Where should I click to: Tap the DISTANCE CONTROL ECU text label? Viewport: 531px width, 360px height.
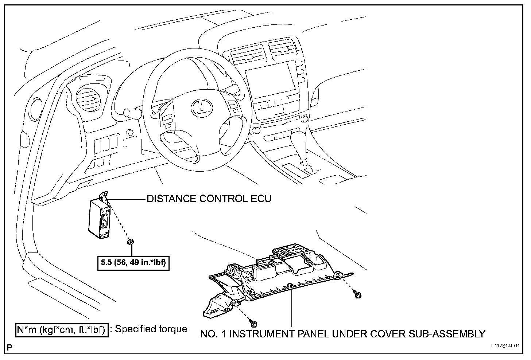coord(209,199)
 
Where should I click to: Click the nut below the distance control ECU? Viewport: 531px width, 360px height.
coord(130,242)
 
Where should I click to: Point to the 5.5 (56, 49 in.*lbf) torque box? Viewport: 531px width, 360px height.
coord(133,263)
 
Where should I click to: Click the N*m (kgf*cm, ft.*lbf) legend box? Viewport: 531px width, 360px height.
coord(62,329)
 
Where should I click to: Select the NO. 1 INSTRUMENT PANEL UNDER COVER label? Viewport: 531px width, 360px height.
coord(343,334)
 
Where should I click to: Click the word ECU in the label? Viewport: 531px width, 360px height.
coord(260,199)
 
